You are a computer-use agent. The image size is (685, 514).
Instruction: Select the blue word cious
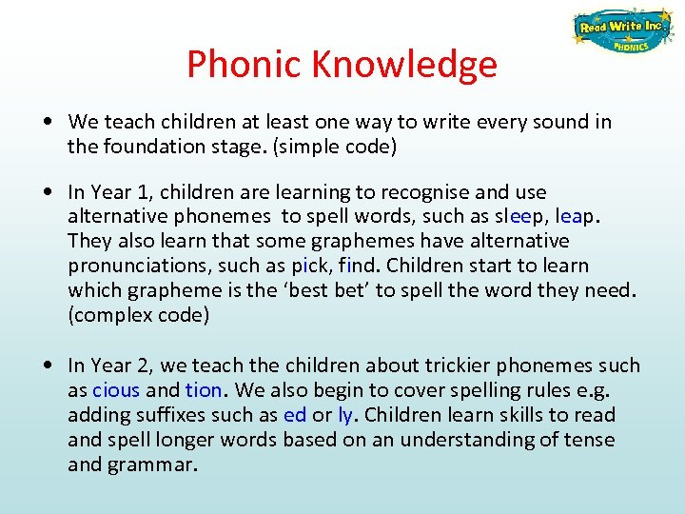click(116, 390)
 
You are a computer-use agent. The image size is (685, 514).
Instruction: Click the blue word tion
click(204, 390)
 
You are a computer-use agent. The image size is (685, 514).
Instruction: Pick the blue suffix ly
click(344, 415)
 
